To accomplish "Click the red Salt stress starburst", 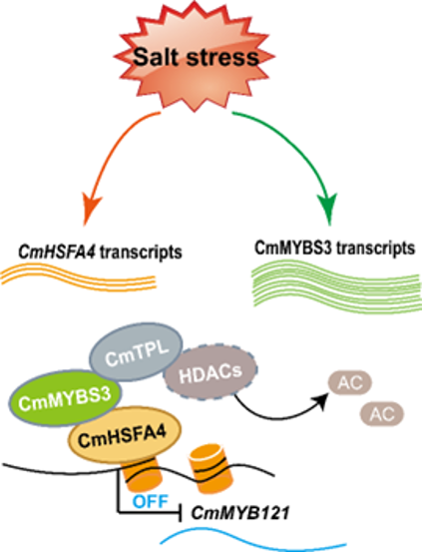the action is click(x=195, y=57).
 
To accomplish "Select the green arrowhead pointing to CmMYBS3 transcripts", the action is click(x=328, y=208).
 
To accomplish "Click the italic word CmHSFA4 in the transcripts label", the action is click(x=57, y=252).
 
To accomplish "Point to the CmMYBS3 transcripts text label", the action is click(x=334, y=248).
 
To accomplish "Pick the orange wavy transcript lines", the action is click(x=78, y=278).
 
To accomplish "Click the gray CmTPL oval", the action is click(x=136, y=352).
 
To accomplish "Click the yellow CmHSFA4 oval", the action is click(x=124, y=435).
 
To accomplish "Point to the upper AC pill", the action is click(x=350, y=383).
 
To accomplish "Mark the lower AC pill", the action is click(x=382, y=413).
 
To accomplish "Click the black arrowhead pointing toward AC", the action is click(x=321, y=400).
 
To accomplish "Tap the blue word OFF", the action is click(x=151, y=501).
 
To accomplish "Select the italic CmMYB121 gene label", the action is click(x=239, y=513).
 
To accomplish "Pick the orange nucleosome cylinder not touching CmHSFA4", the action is click(x=211, y=465).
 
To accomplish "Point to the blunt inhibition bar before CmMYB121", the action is click(x=181, y=512).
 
